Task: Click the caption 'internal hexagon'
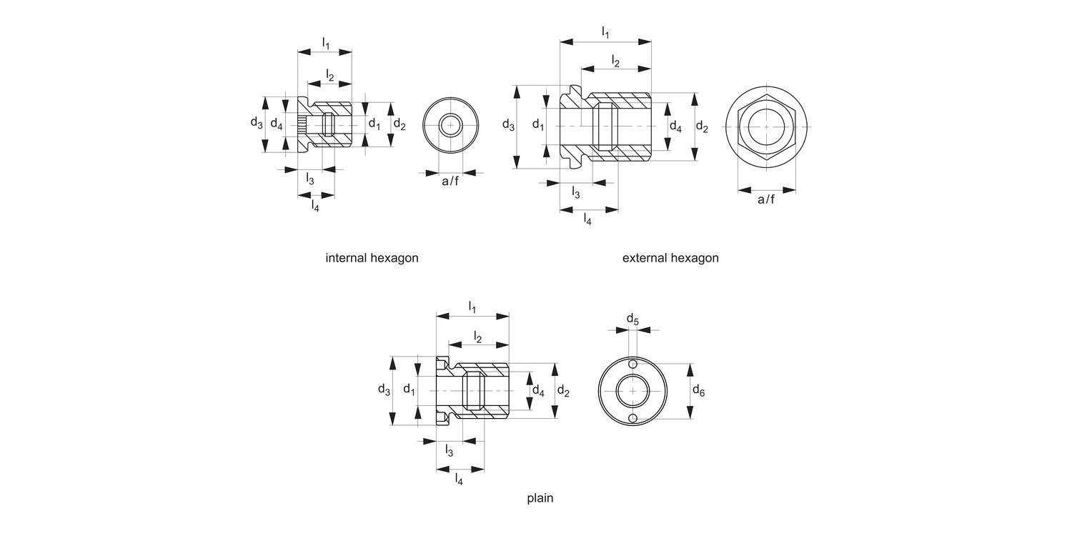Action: [372, 258]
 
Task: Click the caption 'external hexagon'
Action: [670, 258]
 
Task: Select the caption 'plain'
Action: [540, 498]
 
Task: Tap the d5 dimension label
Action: [633, 318]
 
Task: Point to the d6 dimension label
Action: [699, 390]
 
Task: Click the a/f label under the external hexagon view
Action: [766, 199]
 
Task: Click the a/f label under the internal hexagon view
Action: [450, 182]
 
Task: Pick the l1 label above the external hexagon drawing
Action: [606, 32]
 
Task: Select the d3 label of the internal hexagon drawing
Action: [257, 123]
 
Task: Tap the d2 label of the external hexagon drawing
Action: [702, 127]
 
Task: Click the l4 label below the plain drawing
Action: [459, 480]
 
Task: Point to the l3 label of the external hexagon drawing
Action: [575, 192]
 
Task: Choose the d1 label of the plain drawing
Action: [409, 389]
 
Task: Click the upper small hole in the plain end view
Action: [632, 365]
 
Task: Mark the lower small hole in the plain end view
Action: [632, 418]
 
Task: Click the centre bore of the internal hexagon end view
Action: [450, 126]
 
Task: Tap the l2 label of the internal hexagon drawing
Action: [329, 74]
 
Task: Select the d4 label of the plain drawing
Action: [538, 391]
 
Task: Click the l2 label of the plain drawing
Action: [477, 337]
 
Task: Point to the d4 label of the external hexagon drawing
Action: [675, 126]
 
